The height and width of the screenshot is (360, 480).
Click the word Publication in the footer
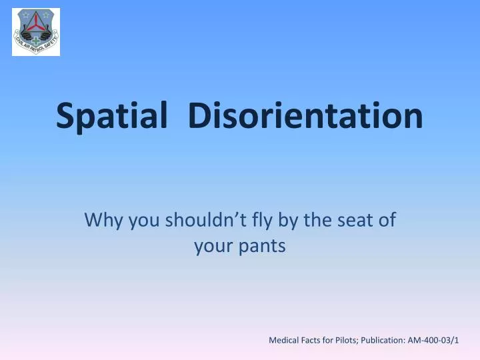[396, 340]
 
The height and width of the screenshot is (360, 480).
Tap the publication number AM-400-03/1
[440, 340]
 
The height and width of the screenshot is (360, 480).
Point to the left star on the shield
[25, 14]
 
